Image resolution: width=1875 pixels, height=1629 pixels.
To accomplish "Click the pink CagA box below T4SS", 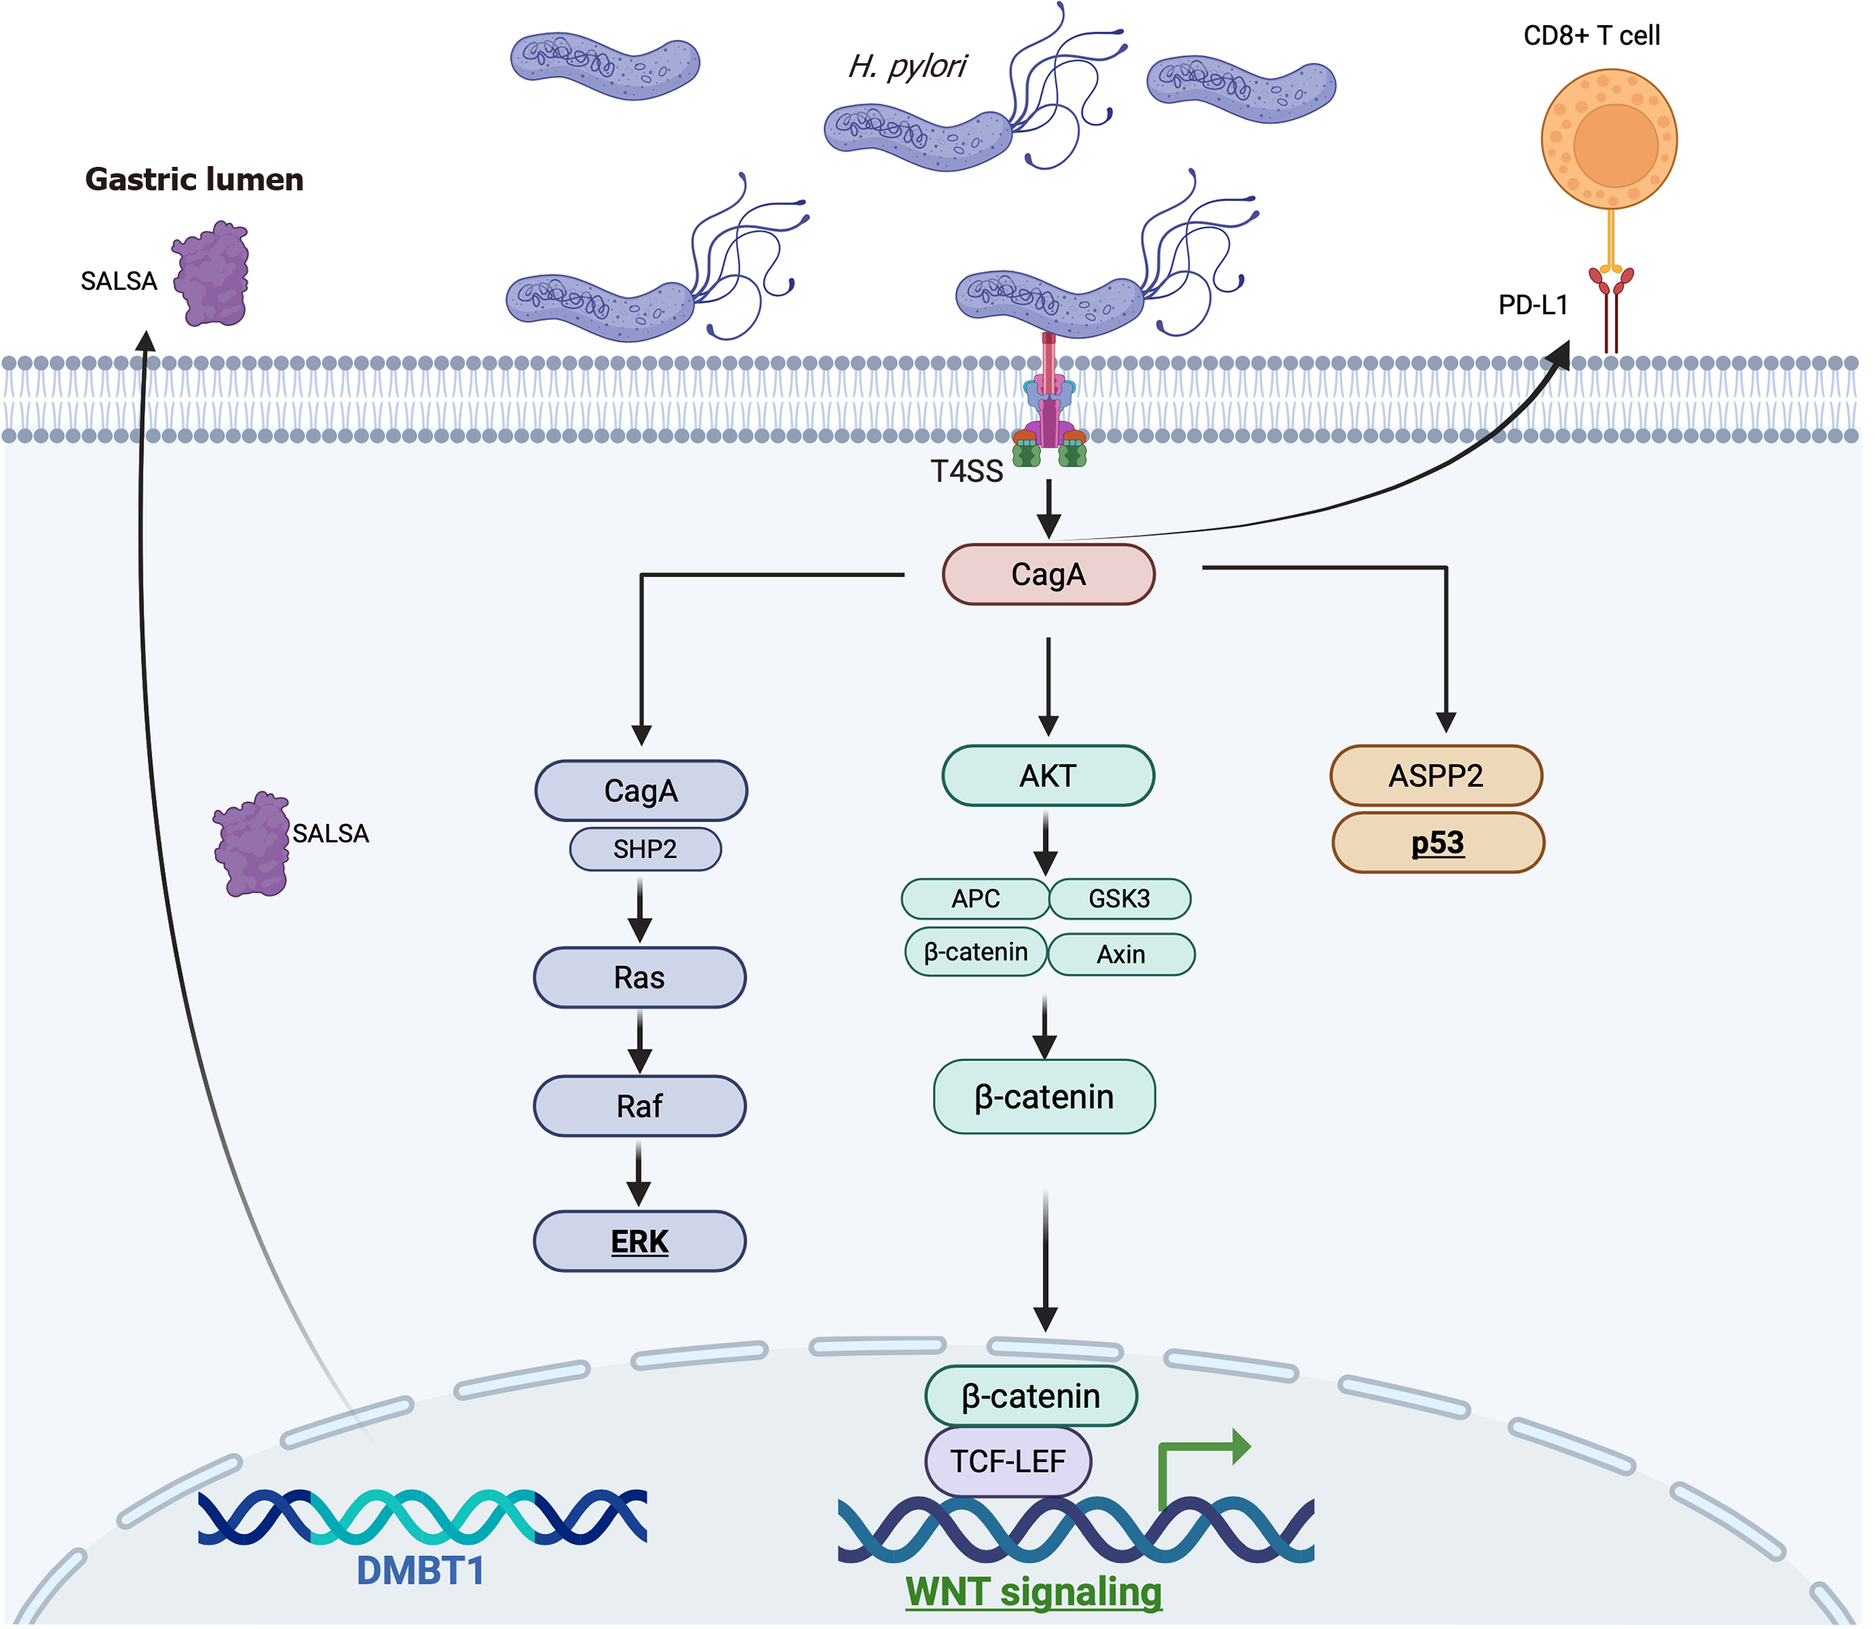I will [x=1048, y=574].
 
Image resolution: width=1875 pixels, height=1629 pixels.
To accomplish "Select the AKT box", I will [x=1048, y=775].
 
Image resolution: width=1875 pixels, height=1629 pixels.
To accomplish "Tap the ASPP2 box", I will [x=1435, y=775].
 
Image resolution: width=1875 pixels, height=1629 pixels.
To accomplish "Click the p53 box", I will [x=1437, y=842].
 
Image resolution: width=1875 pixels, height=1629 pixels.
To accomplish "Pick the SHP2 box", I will [x=645, y=849].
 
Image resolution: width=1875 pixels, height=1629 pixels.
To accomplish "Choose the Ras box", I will [x=639, y=977].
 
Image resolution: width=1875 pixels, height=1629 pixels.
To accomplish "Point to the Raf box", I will [x=639, y=1107].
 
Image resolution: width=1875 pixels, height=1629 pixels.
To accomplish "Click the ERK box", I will [x=639, y=1241].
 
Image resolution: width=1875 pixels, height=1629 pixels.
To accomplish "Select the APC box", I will [x=975, y=899].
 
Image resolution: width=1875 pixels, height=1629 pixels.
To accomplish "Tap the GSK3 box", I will [x=1119, y=899].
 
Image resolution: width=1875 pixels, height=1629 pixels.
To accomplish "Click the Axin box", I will [x=1121, y=954].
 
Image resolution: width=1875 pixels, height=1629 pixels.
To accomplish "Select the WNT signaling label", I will [x=1033, y=1591].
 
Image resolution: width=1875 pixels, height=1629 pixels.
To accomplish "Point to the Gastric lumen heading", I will [x=194, y=179].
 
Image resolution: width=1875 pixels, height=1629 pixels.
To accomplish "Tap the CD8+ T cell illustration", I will [x=1609, y=141].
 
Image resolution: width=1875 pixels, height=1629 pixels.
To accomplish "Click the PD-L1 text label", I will [x=1532, y=305].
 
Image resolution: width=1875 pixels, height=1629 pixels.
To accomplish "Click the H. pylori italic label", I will [x=906, y=66].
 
